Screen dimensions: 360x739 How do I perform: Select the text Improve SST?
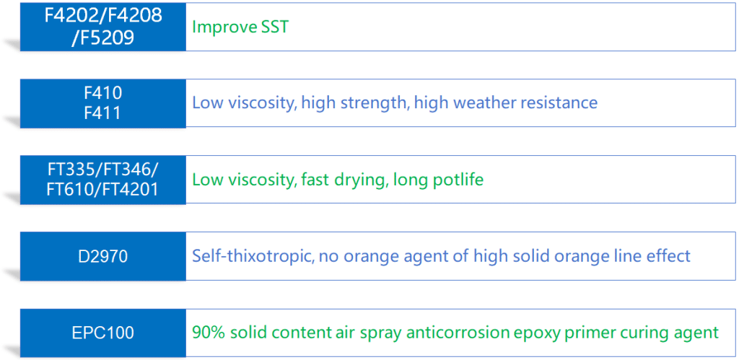click(x=240, y=27)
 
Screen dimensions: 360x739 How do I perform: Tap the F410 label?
click(x=102, y=92)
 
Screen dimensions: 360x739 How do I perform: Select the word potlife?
click(x=457, y=179)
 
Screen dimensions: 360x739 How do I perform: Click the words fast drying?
click(x=344, y=179)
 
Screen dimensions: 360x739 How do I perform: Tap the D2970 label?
click(x=102, y=255)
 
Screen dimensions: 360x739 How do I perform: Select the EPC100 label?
click(x=102, y=333)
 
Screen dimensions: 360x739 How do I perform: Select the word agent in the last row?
click(x=699, y=333)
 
